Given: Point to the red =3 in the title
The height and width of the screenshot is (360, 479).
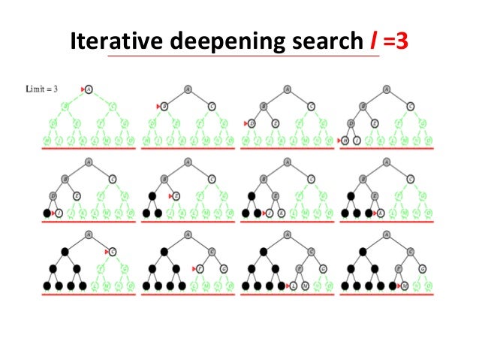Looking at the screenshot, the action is (396, 42).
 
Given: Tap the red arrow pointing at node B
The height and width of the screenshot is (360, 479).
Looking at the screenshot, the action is (158, 106).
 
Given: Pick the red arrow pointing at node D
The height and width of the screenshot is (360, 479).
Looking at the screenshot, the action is (246, 123).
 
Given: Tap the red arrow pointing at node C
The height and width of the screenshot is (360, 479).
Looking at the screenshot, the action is (107, 250).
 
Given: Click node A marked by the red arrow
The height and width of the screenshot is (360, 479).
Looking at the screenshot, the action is (89, 89).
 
